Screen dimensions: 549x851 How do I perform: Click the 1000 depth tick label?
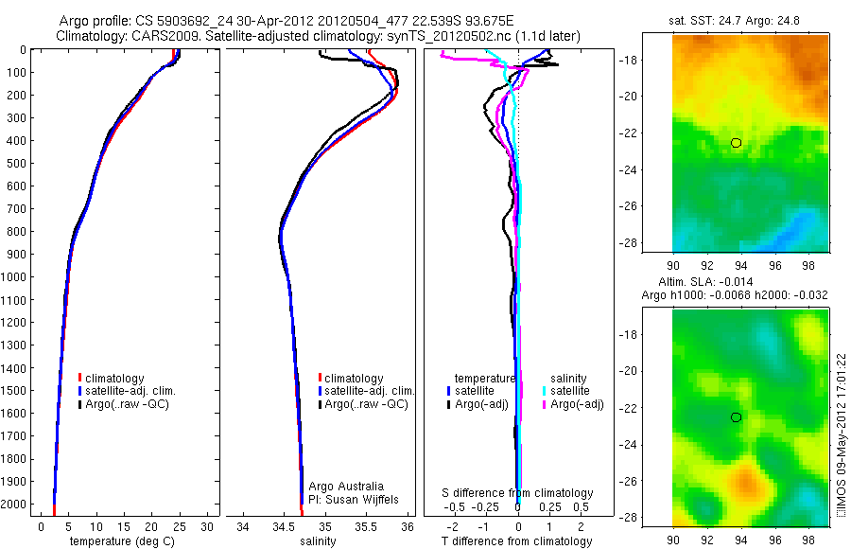[15, 277]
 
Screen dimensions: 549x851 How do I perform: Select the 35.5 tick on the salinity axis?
[366, 525]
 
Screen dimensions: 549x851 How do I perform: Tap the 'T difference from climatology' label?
[517, 541]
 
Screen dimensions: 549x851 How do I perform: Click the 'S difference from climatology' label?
[518, 493]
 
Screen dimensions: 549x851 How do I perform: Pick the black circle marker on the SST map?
[737, 143]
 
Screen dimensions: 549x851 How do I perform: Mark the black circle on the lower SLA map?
[737, 417]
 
